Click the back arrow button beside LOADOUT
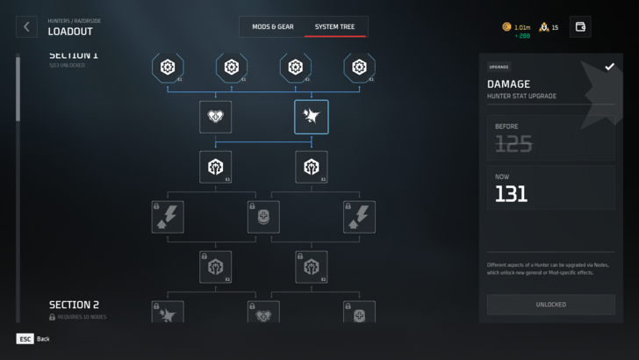point(26,26)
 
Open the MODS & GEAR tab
point(272,26)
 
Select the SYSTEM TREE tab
point(335,26)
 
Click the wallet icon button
point(579,26)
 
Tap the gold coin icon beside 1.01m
point(506,27)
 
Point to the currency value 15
point(555,27)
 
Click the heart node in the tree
point(215,116)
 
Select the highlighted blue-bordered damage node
point(312,116)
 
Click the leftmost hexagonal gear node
point(168,66)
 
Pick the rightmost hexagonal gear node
point(359,66)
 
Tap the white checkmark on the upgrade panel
point(609,67)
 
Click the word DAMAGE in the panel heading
point(509,84)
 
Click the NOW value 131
point(511,194)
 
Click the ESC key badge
point(25,338)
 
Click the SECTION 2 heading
point(74,305)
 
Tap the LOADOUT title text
point(70,32)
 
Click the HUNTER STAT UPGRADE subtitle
point(524,97)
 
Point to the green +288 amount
point(523,36)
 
